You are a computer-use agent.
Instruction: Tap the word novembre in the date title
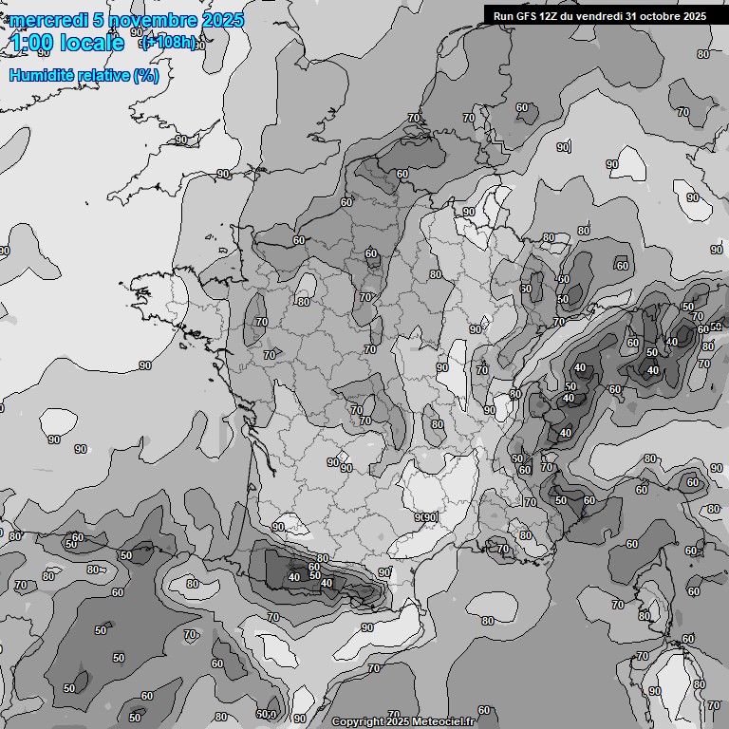click(153, 20)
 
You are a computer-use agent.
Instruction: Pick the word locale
click(91, 43)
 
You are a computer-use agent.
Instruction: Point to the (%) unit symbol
click(146, 75)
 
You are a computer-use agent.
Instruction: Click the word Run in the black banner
click(503, 15)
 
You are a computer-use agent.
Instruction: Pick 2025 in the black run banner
click(695, 15)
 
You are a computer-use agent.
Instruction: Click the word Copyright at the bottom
click(358, 721)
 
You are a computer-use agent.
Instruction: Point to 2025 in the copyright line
click(399, 721)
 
